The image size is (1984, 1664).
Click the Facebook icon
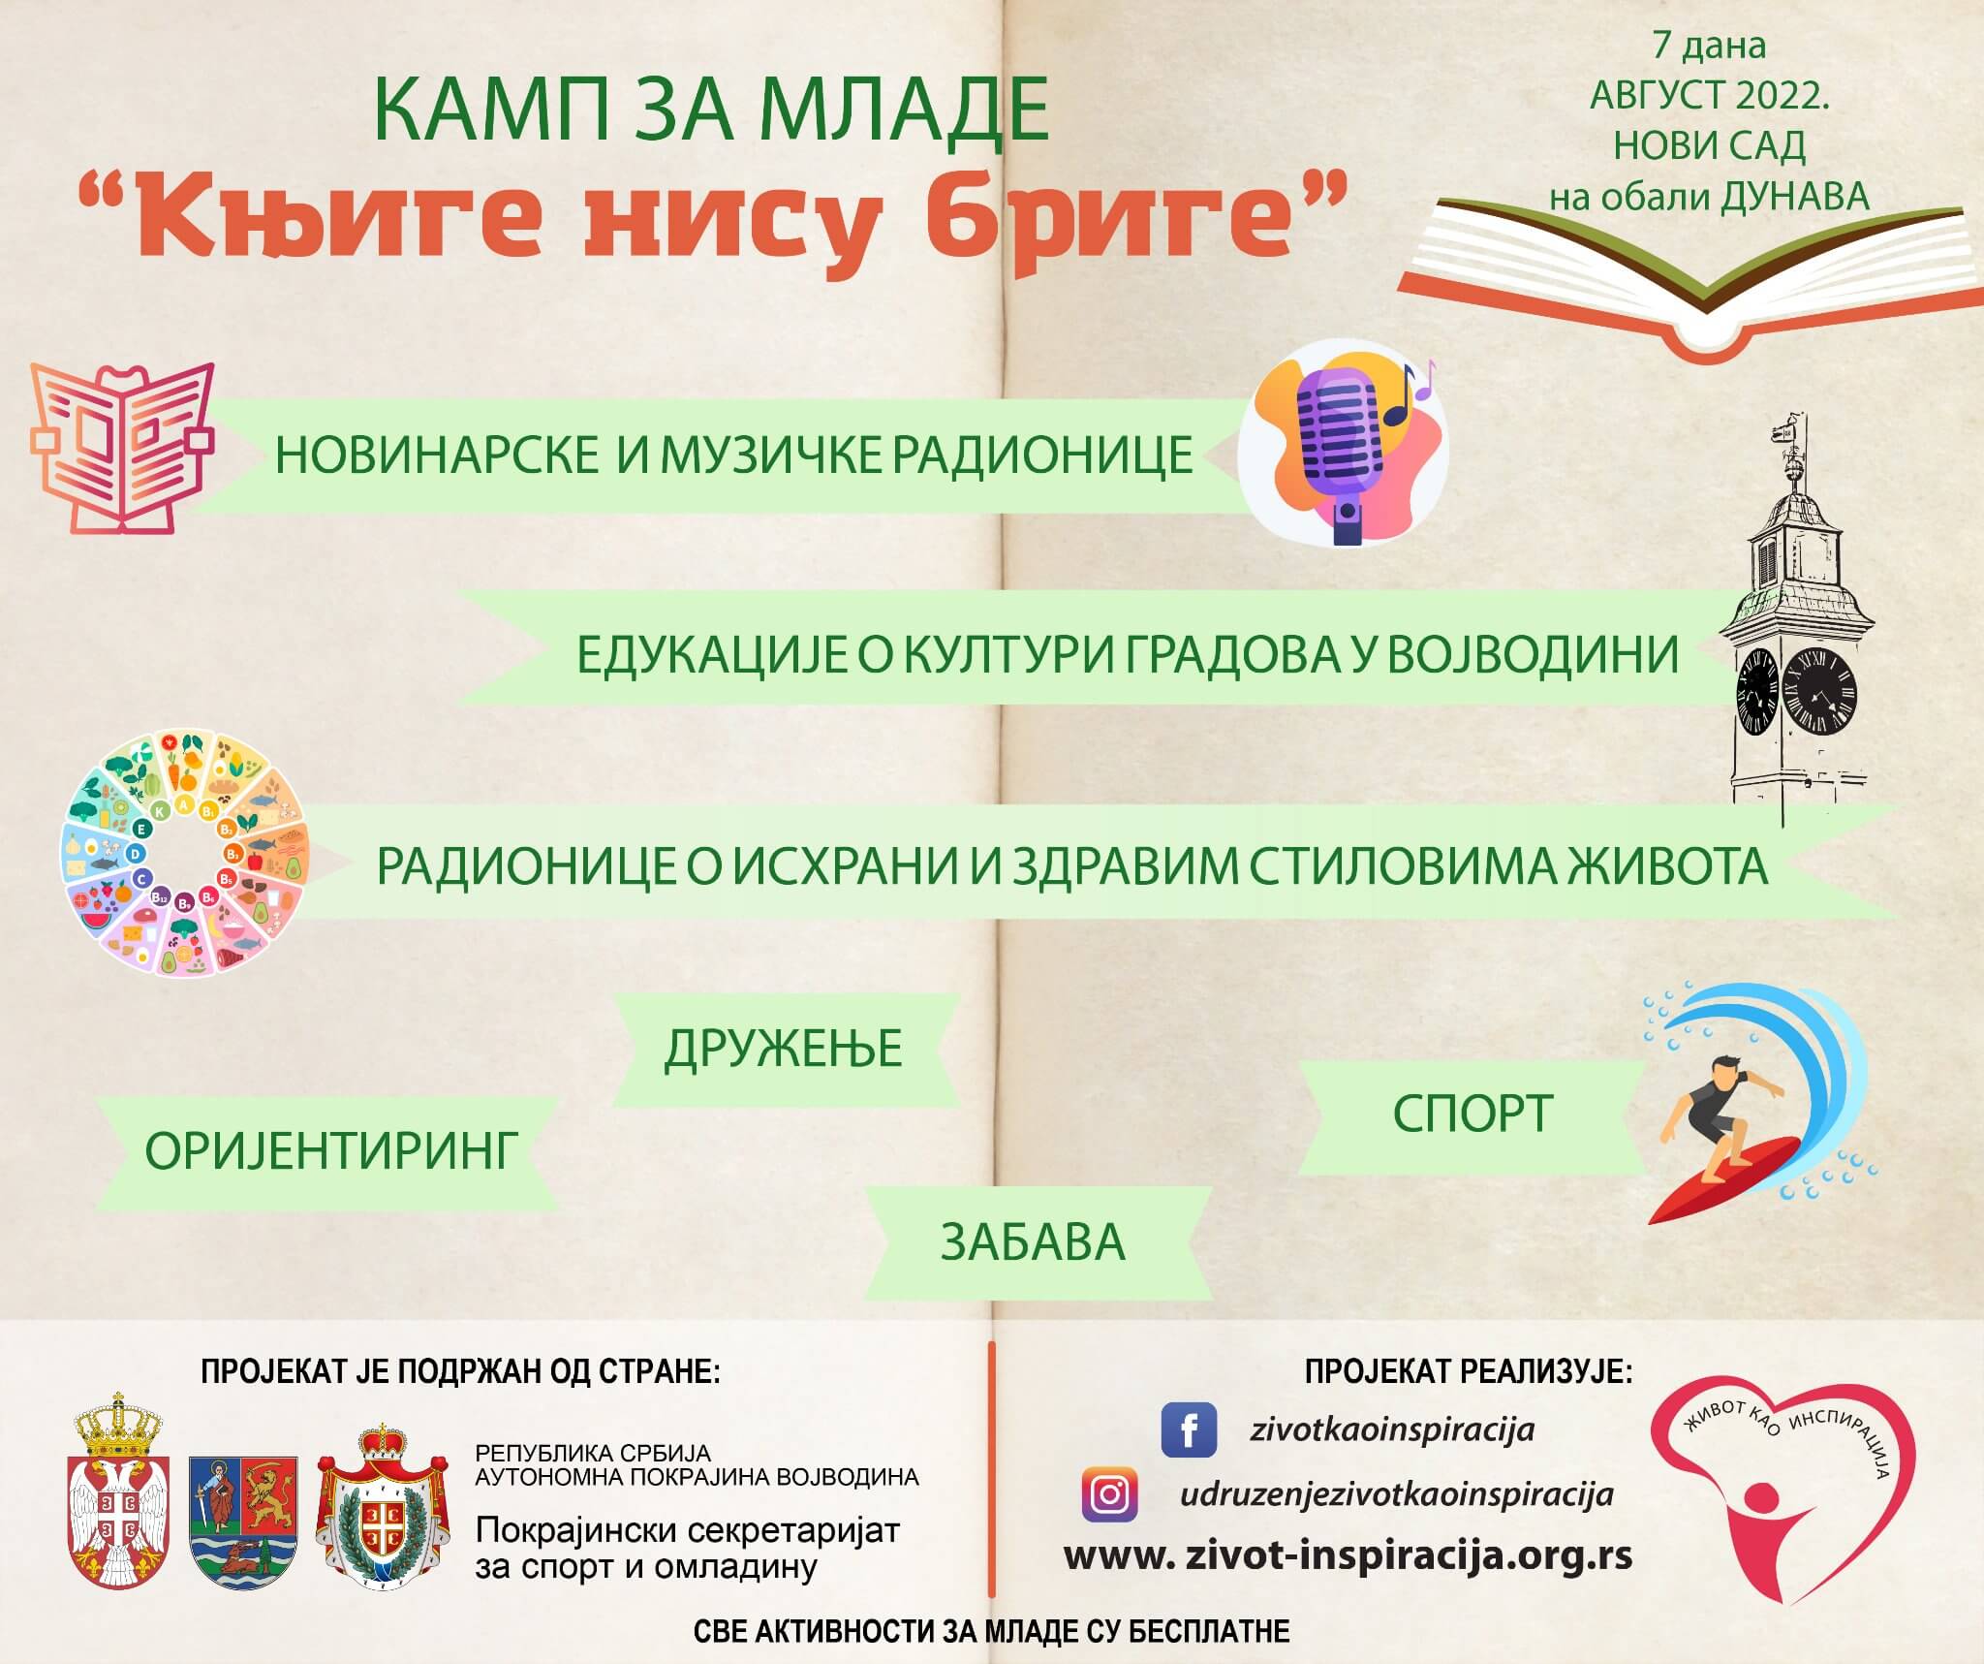pos(1189,1429)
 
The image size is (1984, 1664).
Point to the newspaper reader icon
pos(122,447)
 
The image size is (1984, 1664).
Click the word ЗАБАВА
pos(1033,1242)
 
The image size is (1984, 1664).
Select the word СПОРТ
pos(1472,1114)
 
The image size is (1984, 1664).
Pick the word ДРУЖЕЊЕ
pos(783,1049)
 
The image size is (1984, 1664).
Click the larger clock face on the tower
pos(1819,690)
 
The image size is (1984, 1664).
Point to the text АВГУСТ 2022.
pos(1709,96)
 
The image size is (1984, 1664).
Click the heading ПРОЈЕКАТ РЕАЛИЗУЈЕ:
pos(1469,1372)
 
